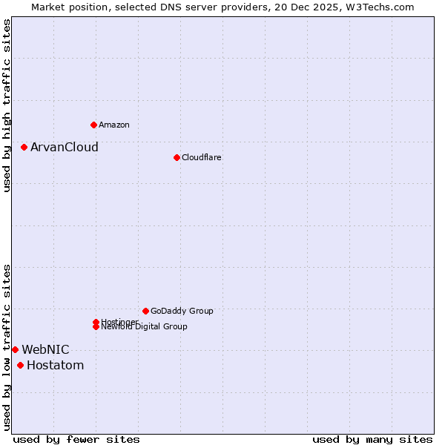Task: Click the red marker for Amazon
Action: (x=93, y=125)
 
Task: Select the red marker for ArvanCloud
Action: (x=24, y=147)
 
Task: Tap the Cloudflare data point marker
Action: (x=177, y=157)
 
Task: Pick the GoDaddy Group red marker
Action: (x=145, y=311)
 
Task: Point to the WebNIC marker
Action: (x=15, y=349)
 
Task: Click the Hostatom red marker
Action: (x=20, y=365)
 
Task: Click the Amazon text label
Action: (x=114, y=125)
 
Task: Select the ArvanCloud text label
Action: (x=65, y=147)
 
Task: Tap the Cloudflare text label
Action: (x=202, y=157)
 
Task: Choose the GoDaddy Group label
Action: (x=182, y=311)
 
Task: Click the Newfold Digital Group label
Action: (x=144, y=327)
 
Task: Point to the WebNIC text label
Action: (x=45, y=349)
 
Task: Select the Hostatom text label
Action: (x=55, y=365)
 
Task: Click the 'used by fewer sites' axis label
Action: (x=76, y=440)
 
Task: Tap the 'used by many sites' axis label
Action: (x=372, y=440)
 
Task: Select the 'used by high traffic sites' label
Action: (x=7, y=105)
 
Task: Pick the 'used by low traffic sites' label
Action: (x=7, y=347)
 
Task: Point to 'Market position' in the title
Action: (x=65, y=7)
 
